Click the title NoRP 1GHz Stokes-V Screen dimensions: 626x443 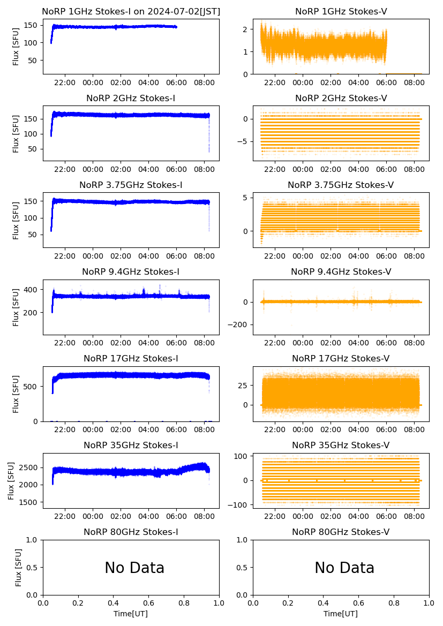(341, 12)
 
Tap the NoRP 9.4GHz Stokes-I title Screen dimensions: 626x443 (131, 272)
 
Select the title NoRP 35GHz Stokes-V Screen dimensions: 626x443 (341, 446)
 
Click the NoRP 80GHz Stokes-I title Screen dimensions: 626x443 (131, 532)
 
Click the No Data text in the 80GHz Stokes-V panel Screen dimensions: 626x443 (344, 568)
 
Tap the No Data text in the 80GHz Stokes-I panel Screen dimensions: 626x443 (134, 568)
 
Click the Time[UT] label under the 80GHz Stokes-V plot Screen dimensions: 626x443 (341, 614)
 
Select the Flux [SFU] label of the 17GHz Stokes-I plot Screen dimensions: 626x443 (16, 394)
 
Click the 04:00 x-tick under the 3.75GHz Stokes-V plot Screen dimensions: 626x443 (359, 257)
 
